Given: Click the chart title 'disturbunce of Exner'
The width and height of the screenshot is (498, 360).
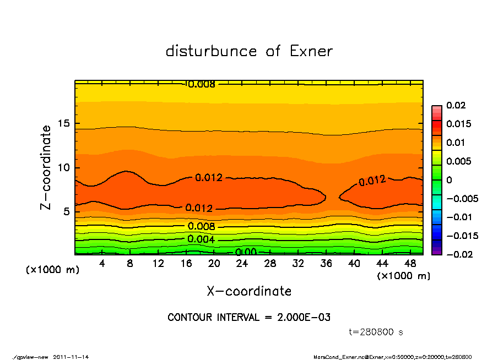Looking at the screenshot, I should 249,51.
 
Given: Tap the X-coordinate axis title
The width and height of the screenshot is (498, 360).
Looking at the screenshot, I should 249,291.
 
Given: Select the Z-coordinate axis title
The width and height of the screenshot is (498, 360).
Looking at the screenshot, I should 46,167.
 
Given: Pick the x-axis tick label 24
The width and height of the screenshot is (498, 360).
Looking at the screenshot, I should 242,264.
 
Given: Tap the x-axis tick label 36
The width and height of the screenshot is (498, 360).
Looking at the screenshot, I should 326,264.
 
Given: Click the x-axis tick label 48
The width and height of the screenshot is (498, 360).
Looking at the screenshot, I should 410,264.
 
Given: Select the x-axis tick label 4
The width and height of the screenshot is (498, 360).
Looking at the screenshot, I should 102,264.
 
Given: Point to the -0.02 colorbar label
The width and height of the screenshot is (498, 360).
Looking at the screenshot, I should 458,254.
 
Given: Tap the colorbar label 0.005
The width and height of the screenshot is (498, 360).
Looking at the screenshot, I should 459,161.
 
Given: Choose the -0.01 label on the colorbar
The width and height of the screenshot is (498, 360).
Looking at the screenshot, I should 458,217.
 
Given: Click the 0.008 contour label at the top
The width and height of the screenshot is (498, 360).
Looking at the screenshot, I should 201,85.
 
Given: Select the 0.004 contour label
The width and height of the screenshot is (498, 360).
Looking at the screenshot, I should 201,239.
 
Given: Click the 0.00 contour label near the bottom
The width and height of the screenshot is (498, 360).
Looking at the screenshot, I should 246,252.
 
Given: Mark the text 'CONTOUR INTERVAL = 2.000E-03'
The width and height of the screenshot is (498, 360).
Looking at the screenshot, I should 249,318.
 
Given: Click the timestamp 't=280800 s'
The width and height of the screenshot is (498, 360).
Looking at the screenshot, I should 377,332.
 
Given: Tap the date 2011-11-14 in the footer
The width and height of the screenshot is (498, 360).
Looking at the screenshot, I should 71,357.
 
